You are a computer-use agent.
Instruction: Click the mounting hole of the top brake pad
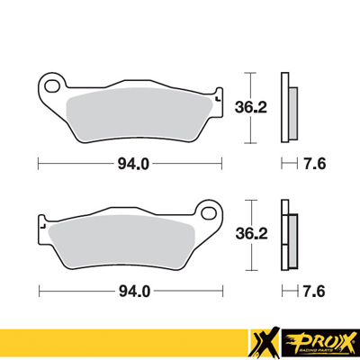51,86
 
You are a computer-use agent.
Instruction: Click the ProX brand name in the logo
319,339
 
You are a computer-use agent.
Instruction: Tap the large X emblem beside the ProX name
263,343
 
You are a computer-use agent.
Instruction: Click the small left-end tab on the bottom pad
41,221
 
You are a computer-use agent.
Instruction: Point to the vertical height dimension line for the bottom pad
249,236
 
